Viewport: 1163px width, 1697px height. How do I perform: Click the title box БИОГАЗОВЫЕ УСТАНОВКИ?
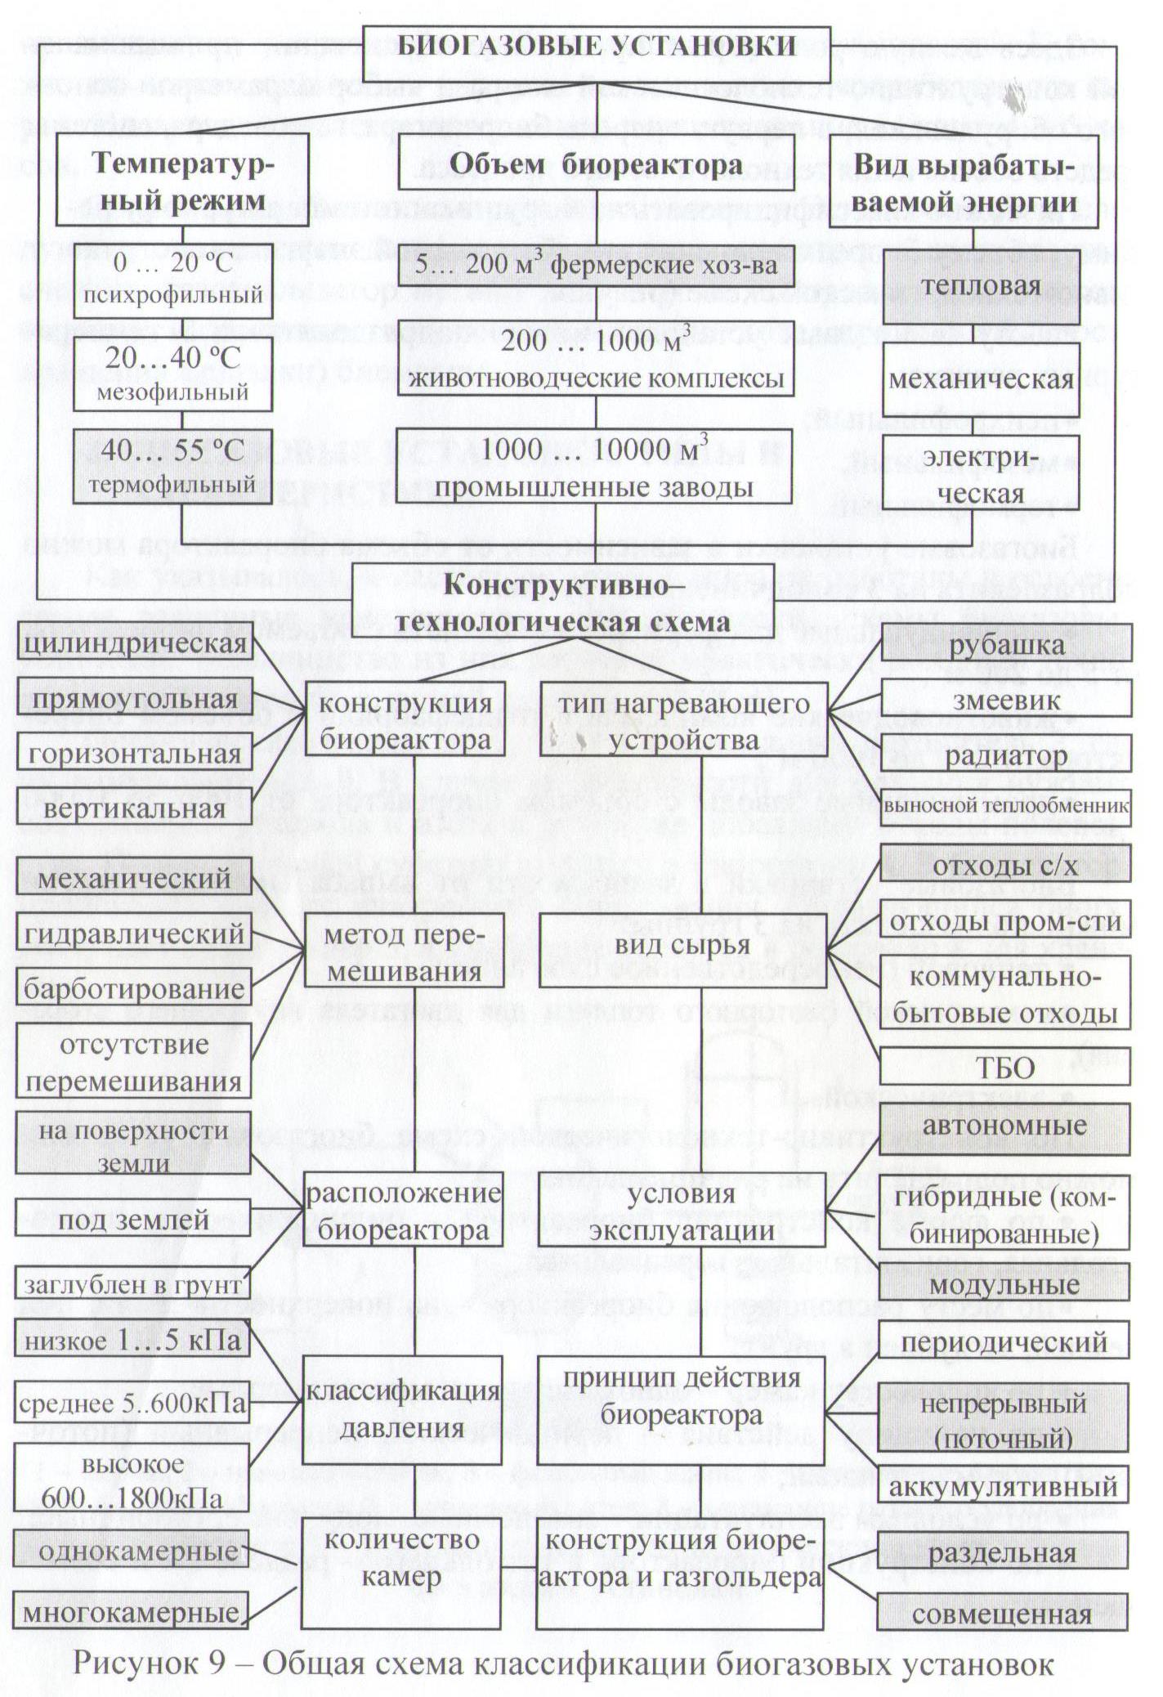[x=597, y=47]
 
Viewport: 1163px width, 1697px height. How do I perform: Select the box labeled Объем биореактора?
[x=597, y=166]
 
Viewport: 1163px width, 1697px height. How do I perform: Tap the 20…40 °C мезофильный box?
[x=172, y=373]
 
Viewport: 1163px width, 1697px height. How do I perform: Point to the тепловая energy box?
[x=981, y=286]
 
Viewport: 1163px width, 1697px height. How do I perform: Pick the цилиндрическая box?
[x=135, y=644]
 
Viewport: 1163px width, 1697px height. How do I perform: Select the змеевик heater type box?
[x=1006, y=701]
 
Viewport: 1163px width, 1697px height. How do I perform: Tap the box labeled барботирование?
[x=134, y=989]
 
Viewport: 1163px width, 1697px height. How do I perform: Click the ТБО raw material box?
[x=1005, y=1068]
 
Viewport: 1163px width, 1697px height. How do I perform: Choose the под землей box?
[x=133, y=1220]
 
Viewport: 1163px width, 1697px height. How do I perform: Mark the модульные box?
[x=1004, y=1284]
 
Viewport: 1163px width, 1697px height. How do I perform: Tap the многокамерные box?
[x=132, y=1612]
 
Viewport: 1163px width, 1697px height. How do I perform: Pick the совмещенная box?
[x=1003, y=1614]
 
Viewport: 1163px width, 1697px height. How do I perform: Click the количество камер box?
[x=400, y=1558]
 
